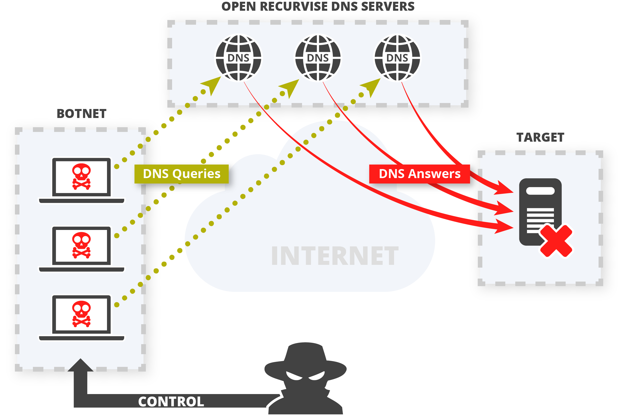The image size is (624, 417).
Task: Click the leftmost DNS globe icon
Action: point(238,58)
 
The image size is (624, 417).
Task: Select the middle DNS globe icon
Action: point(318,58)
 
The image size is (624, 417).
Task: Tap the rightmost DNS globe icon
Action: point(397,58)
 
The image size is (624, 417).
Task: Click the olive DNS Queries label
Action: point(181,174)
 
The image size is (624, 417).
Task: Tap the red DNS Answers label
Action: point(419,174)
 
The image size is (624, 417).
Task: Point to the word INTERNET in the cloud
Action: point(334,256)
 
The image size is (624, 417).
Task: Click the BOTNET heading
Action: point(81,114)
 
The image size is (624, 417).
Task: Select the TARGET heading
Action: point(540,137)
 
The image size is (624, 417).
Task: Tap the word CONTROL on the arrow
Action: point(171,402)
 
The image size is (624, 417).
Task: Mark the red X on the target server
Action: point(556,241)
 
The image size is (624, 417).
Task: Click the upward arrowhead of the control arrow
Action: point(80,365)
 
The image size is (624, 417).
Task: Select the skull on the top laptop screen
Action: point(81,176)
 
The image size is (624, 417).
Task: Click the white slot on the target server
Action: point(540,191)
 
